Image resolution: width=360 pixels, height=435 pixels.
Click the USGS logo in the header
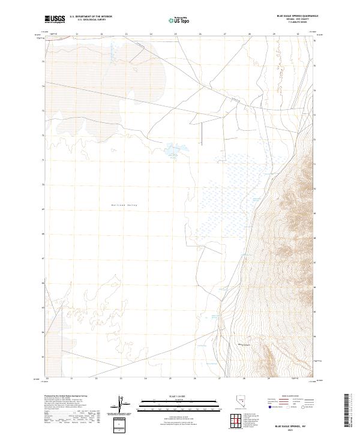(x=55, y=19)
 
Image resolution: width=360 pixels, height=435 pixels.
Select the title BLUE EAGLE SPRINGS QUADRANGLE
(x=298, y=16)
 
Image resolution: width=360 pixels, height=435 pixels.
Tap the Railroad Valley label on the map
(x=124, y=205)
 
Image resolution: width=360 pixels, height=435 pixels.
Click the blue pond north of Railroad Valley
(x=173, y=148)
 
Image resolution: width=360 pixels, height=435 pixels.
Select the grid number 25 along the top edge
(x=175, y=34)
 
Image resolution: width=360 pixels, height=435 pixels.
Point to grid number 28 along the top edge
(x=250, y=34)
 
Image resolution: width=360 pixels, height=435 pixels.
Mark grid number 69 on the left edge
(x=43, y=209)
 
